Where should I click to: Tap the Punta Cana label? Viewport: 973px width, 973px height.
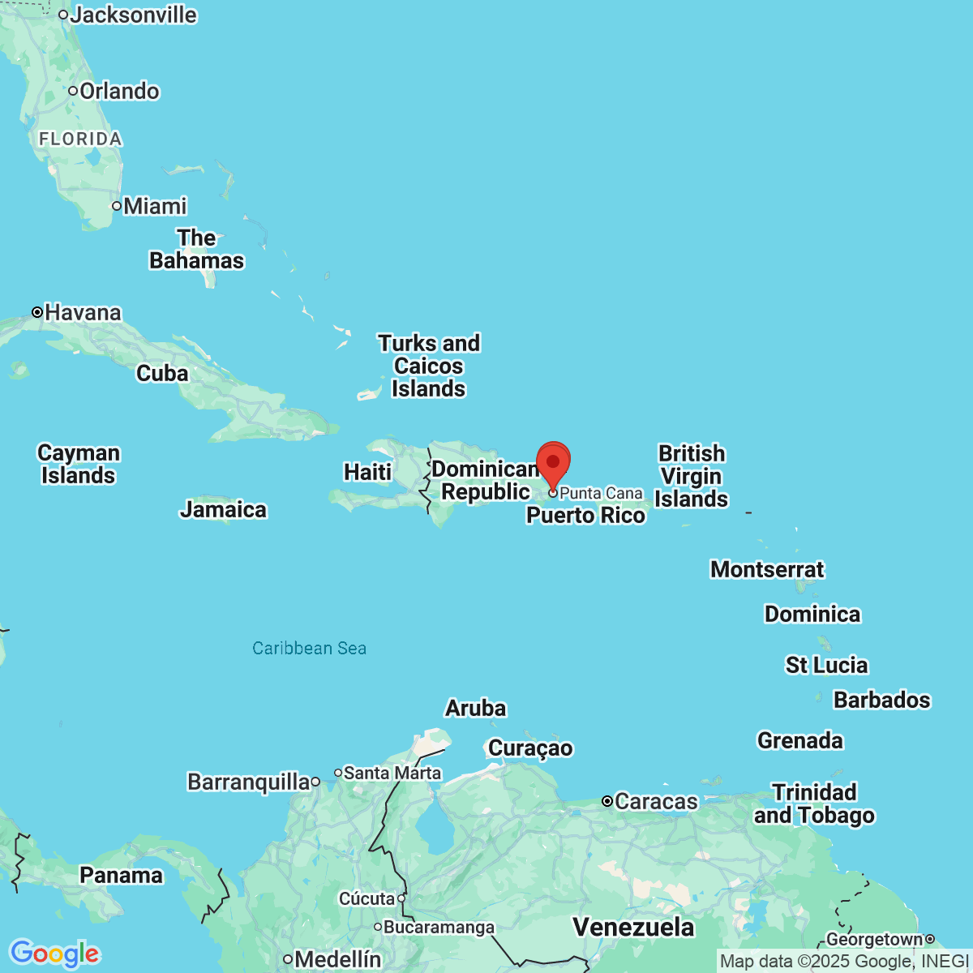[601, 493]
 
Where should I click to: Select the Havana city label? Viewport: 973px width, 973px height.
[83, 312]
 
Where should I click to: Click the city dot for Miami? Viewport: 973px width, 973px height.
[117, 206]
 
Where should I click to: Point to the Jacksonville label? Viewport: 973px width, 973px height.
[133, 15]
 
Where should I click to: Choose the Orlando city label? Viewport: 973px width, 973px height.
[119, 91]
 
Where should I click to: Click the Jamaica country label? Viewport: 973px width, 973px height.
[223, 509]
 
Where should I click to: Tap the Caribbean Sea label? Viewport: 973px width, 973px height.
[309, 648]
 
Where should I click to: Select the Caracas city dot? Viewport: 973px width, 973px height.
[607, 801]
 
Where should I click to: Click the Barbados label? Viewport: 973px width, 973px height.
[881, 700]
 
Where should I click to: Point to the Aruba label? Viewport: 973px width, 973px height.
[475, 708]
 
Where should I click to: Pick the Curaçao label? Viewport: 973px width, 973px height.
[530, 748]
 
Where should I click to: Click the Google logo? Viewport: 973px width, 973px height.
[54, 954]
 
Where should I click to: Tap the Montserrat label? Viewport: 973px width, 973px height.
[766, 569]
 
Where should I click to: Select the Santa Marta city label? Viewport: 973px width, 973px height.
[392, 773]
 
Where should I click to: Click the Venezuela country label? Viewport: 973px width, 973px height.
[633, 927]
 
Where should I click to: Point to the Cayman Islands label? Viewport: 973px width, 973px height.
[79, 464]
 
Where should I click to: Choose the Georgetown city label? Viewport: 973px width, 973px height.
[874, 939]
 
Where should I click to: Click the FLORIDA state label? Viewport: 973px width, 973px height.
[80, 139]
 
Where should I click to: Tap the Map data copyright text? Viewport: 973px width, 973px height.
[844, 962]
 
